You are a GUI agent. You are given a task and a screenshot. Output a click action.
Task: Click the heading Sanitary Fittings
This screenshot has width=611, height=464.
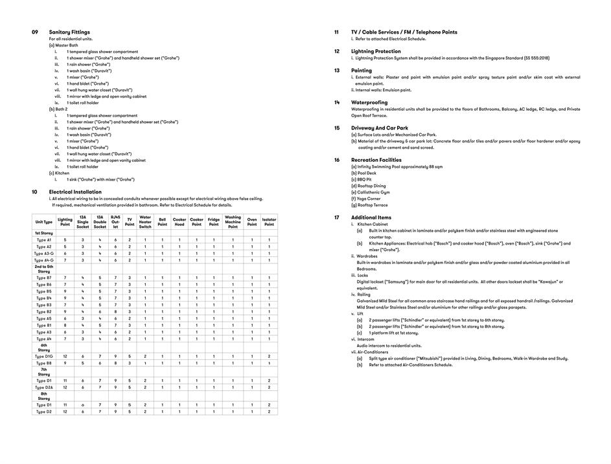pyautogui.click(x=69, y=32)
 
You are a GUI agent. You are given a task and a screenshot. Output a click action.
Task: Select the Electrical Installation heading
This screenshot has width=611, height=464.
pyautogui.click(x=75, y=192)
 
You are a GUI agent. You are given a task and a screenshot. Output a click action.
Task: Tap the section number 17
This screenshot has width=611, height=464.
pyautogui.click(x=337, y=217)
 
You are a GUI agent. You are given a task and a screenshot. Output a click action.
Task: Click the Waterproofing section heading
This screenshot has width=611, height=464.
pyautogui.click(x=369, y=102)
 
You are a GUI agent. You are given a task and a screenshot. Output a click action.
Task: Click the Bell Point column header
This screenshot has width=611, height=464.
pyautogui.click(x=162, y=222)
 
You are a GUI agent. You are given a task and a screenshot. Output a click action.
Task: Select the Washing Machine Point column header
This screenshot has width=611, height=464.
pyautogui.click(x=233, y=222)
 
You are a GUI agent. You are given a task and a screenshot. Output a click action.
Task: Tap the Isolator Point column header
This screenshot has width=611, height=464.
pyautogui.click(x=269, y=222)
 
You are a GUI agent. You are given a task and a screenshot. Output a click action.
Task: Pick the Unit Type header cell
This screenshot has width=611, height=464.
pyautogui.click(x=44, y=222)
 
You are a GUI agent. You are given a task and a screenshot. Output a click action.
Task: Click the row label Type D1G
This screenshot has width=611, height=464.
pyautogui.click(x=44, y=357)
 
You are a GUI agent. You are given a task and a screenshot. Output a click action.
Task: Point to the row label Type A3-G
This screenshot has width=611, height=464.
pyautogui.click(x=44, y=253)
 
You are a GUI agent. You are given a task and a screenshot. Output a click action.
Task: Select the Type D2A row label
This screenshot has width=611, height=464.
pyautogui.click(x=44, y=387)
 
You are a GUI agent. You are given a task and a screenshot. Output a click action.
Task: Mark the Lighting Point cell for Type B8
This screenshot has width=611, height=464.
pyautogui.click(x=65, y=363)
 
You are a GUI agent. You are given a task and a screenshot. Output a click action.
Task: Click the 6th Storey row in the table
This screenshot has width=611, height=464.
pyautogui.click(x=44, y=348)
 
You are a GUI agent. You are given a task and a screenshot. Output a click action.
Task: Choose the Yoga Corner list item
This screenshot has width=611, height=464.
pyautogui.click(x=365, y=199)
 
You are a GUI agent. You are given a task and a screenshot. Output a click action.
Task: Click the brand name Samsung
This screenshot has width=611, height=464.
pyautogui.click(x=397, y=282)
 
